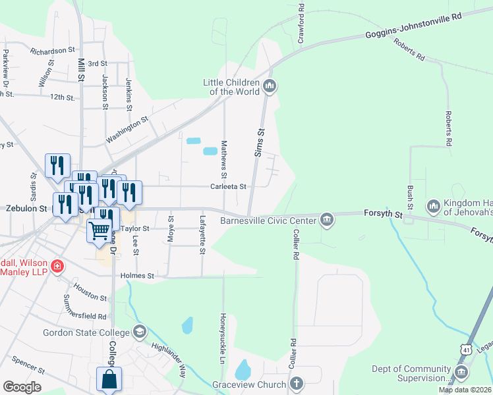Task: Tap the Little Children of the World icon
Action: (269, 86)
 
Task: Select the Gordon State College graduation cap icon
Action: (139, 332)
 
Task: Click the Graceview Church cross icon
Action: (297, 384)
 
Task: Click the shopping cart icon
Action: (99, 230)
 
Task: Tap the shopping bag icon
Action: (109, 379)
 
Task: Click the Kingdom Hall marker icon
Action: (433, 207)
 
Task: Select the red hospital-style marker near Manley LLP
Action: (58, 267)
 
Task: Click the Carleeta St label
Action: (229, 186)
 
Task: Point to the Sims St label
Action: (260, 142)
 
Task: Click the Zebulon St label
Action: (24, 208)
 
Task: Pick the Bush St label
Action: (410, 196)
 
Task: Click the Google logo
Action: (22, 386)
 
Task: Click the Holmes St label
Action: (137, 276)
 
